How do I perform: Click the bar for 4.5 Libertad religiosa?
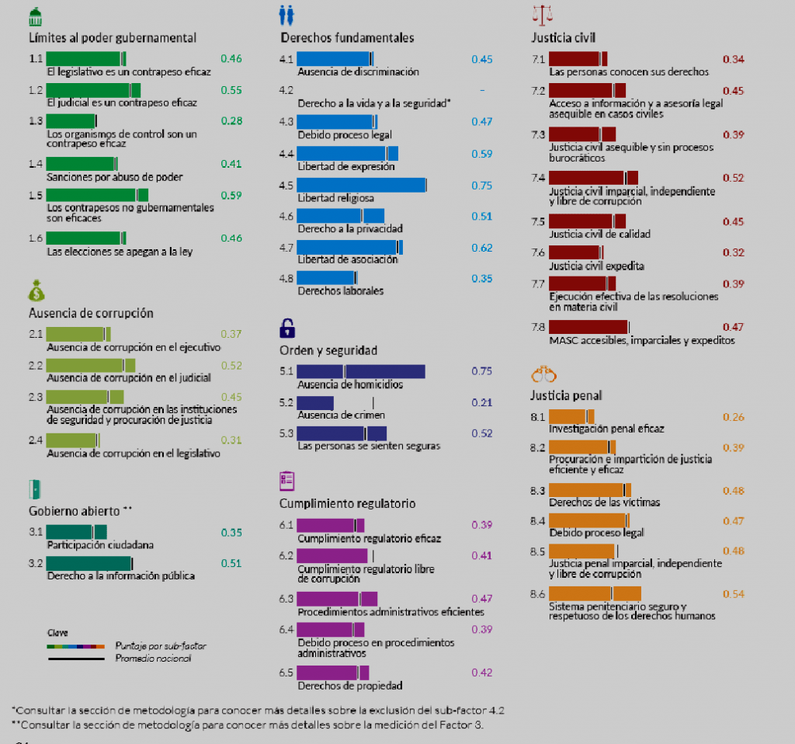click(361, 185)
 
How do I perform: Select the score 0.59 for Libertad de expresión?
click(481, 154)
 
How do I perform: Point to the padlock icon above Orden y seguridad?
click(287, 328)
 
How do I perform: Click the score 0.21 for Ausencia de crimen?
click(481, 402)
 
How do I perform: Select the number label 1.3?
click(36, 120)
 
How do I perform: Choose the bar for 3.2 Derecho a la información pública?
click(89, 563)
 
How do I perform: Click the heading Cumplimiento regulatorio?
click(347, 503)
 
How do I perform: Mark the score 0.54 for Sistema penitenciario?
click(733, 594)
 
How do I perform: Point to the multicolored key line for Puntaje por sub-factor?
click(75, 645)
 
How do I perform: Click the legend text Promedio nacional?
click(152, 659)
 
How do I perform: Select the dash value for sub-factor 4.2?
click(481, 90)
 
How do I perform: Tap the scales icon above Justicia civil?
click(544, 13)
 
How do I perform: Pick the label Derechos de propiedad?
click(349, 685)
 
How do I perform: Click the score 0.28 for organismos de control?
click(231, 120)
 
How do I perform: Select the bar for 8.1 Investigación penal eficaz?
click(571, 416)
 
